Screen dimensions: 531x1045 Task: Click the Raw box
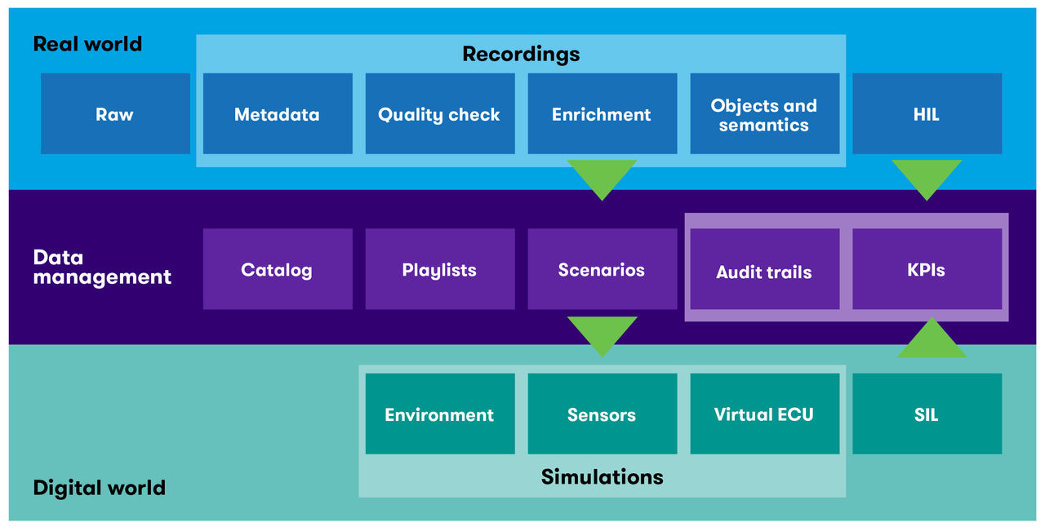115,113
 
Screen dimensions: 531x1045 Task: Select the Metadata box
278,113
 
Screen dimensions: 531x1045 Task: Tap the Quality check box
439,113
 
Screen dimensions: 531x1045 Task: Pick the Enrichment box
602,113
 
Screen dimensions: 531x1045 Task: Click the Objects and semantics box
764,113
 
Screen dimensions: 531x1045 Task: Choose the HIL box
927,113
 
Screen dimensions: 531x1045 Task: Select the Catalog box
278,268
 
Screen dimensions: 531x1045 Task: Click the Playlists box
439,268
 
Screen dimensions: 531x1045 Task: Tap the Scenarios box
602,268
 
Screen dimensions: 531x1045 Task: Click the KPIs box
927,268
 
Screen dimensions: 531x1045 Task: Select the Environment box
439,414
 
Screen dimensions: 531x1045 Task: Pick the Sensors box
602,414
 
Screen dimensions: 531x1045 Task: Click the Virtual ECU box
764,414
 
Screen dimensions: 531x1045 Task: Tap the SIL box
927,414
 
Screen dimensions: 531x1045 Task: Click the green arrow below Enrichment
602,177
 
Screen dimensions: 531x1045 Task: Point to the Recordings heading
521,54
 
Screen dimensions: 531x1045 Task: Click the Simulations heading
602,476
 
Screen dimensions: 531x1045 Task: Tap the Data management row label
101,267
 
